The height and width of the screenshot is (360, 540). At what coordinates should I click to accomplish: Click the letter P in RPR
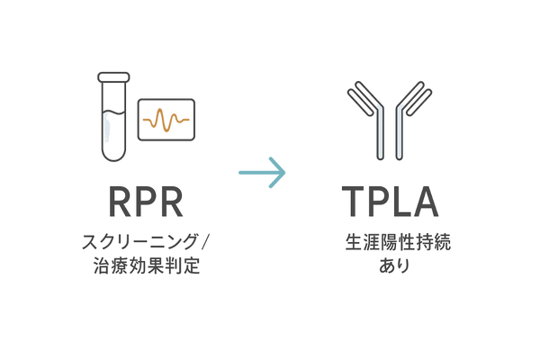[x=147, y=202]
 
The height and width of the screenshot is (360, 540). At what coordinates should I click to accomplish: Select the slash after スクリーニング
[x=206, y=241]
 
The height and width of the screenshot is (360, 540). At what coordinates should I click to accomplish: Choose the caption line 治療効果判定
[x=146, y=267]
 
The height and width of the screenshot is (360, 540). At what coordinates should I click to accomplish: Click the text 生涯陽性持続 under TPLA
[x=389, y=243]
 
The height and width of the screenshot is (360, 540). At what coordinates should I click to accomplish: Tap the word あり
[x=389, y=267]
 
